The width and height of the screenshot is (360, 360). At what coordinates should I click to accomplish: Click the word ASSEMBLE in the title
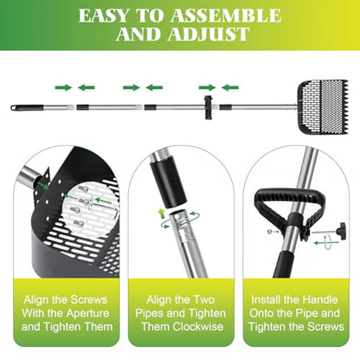[226, 16]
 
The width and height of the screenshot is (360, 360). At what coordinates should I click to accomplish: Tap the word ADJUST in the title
[208, 34]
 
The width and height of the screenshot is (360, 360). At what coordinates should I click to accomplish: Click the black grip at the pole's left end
[27, 107]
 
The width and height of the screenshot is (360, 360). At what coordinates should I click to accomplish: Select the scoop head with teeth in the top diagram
[323, 107]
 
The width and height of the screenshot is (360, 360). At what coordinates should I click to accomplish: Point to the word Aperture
[87, 313]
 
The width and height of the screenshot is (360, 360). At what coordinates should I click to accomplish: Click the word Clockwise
[198, 326]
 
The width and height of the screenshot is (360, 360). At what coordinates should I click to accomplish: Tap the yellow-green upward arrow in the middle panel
[161, 213]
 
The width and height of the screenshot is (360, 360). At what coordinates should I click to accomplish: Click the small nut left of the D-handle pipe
[268, 231]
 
